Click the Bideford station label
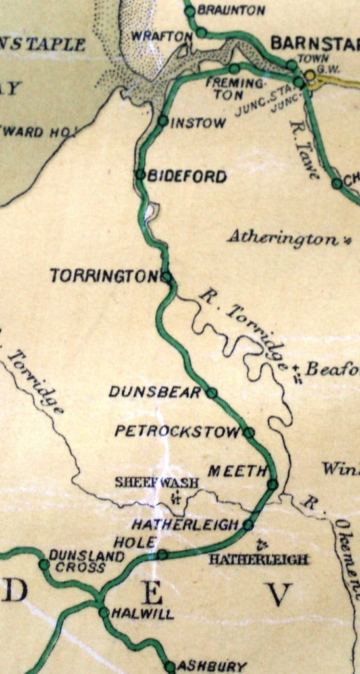tap(187, 176)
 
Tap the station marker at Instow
tap(163, 120)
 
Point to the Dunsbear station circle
tap(212, 392)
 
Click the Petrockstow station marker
tap(249, 432)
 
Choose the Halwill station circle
tap(103, 612)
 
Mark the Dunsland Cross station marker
tap(43, 564)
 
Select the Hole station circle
tap(162, 554)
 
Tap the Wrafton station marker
tap(201, 32)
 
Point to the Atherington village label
tap(284, 238)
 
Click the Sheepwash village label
tap(157, 482)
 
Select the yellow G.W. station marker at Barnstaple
tap(309, 75)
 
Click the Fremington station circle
tap(234, 68)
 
